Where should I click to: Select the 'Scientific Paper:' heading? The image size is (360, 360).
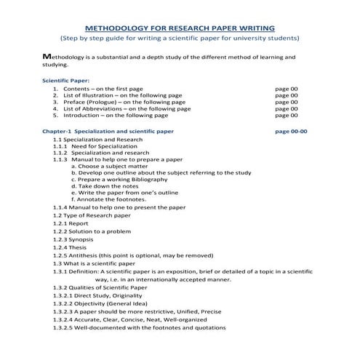tap(65, 80)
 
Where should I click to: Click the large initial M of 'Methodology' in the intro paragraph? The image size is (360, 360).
tap(47, 56)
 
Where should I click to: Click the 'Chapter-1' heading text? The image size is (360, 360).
tap(56, 132)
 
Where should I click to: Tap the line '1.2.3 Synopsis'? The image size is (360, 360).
tap(73, 239)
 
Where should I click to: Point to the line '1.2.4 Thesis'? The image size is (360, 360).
tap(70, 247)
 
